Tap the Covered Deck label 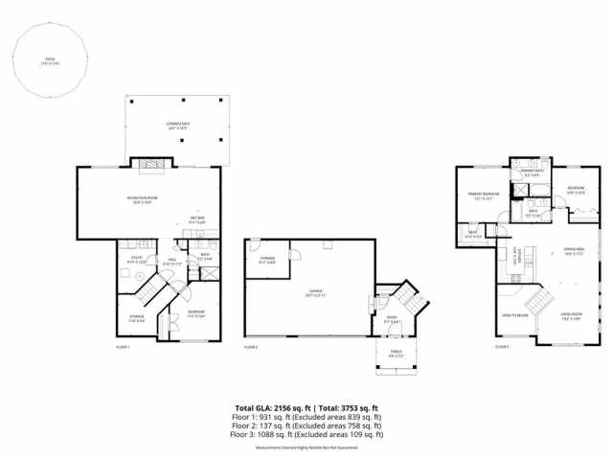coord(175,124)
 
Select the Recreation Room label coord(142,199)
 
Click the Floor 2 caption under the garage coord(251,347)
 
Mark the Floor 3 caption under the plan coord(503,347)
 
